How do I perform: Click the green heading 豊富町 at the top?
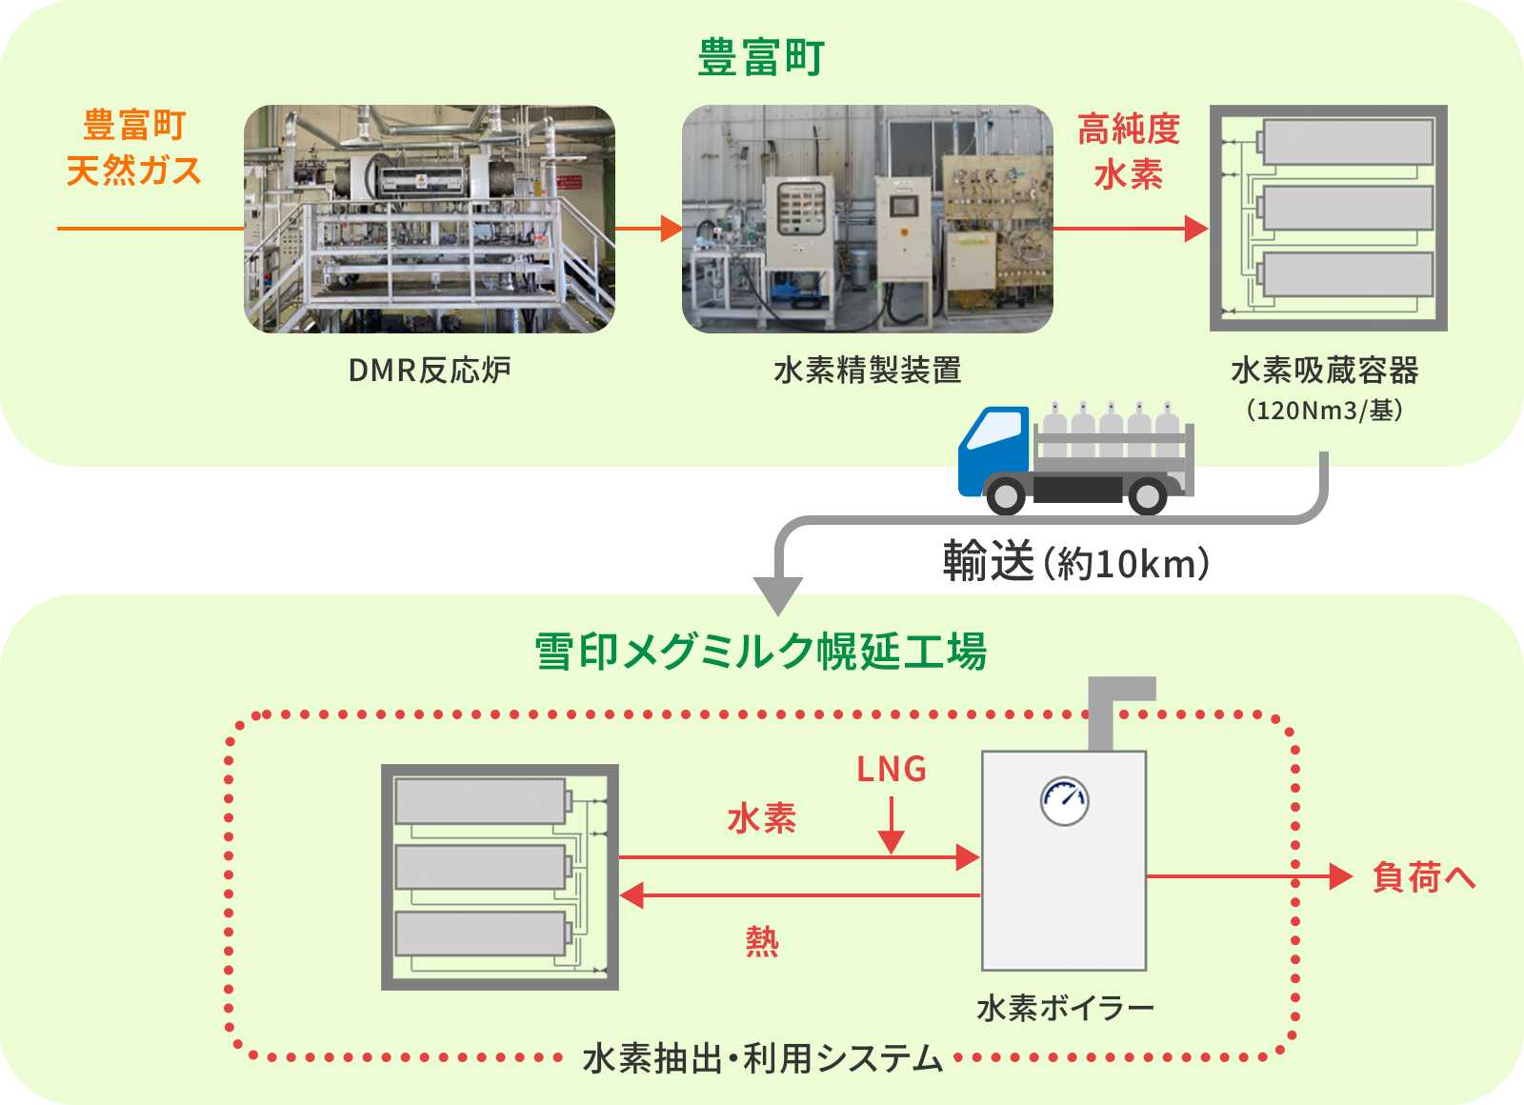[x=761, y=57]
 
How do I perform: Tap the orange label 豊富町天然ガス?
[x=134, y=148]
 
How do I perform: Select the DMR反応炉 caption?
[x=430, y=370]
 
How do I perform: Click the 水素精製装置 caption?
[x=867, y=370]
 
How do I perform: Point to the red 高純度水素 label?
[x=1129, y=151]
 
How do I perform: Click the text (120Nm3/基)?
[x=1324, y=411]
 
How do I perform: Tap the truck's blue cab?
[x=993, y=448]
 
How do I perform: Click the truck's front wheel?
[x=1006, y=495]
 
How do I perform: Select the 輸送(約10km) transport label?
[x=1076, y=563]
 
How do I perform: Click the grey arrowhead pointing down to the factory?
[x=778, y=595]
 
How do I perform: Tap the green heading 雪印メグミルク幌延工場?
[x=761, y=653]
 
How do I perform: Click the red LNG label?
[x=892, y=769]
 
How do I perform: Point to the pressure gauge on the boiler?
[x=1064, y=801]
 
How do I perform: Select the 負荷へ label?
[x=1423, y=876]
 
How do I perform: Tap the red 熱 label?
[x=762, y=941]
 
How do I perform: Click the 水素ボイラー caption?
[x=1065, y=1007]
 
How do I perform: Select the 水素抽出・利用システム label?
[x=762, y=1058]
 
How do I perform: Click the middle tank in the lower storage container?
[x=481, y=867]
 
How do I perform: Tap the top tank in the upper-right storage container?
[x=1347, y=143]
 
